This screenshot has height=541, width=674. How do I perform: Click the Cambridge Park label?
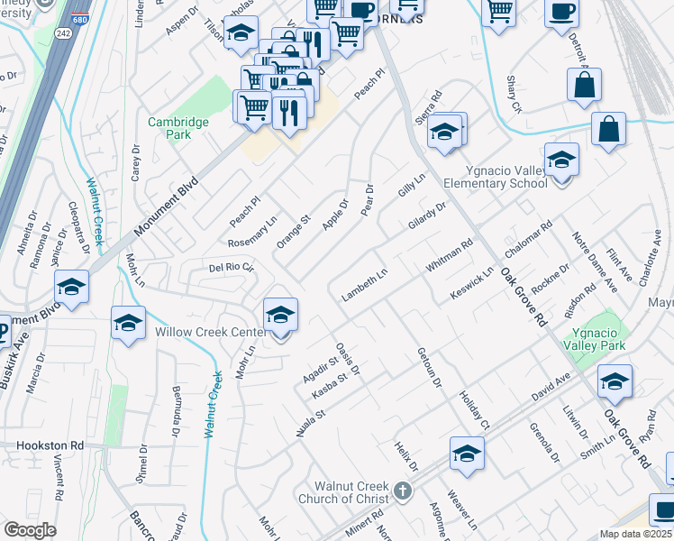point(178,128)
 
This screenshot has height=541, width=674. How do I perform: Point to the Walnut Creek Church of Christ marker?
point(403,492)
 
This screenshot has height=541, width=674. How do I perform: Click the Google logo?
point(30,530)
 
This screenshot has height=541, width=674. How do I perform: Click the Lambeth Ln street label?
point(363,284)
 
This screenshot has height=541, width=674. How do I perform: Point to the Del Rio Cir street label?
point(232,268)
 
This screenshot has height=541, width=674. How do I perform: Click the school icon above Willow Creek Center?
point(281,316)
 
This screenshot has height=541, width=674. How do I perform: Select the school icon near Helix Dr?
point(468,454)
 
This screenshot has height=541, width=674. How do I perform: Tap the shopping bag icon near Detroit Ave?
point(585,85)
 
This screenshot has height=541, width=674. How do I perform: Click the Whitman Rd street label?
point(450,255)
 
